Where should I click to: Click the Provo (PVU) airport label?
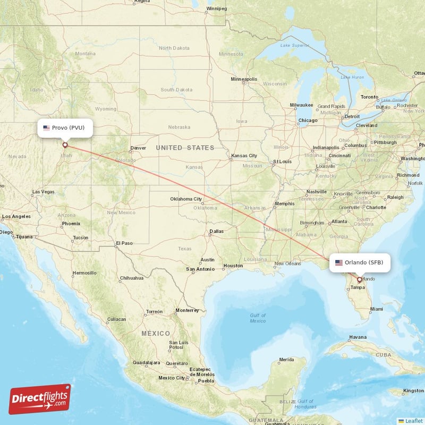pyautogui.click(x=65, y=127)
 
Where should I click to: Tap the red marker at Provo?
pyautogui.click(x=65, y=144)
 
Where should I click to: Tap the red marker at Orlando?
pyautogui.click(x=360, y=279)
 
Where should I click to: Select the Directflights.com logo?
pyautogui.click(x=40, y=399)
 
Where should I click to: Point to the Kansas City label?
pyautogui.click(x=244, y=156)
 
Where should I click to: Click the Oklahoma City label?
pyautogui.click(x=186, y=199)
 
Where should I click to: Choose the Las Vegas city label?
pyautogui.click(x=43, y=192)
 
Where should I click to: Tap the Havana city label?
pyautogui.click(x=358, y=337)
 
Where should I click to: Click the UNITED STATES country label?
pyautogui.click(x=185, y=148)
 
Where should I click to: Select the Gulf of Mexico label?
pyautogui.click(x=258, y=318)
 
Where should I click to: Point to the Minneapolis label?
pyautogui.click(x=244, y=79)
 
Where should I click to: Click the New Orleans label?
pyautogui.click(x=287, y=263)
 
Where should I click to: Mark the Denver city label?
pyautogui.click(x=138, y=148)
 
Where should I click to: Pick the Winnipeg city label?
pyautogui.click(x=216, y=9)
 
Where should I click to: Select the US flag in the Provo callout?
pyautogui.click(x=47, y=127)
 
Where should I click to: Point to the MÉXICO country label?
pyautogui.click(x=156, y=333)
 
